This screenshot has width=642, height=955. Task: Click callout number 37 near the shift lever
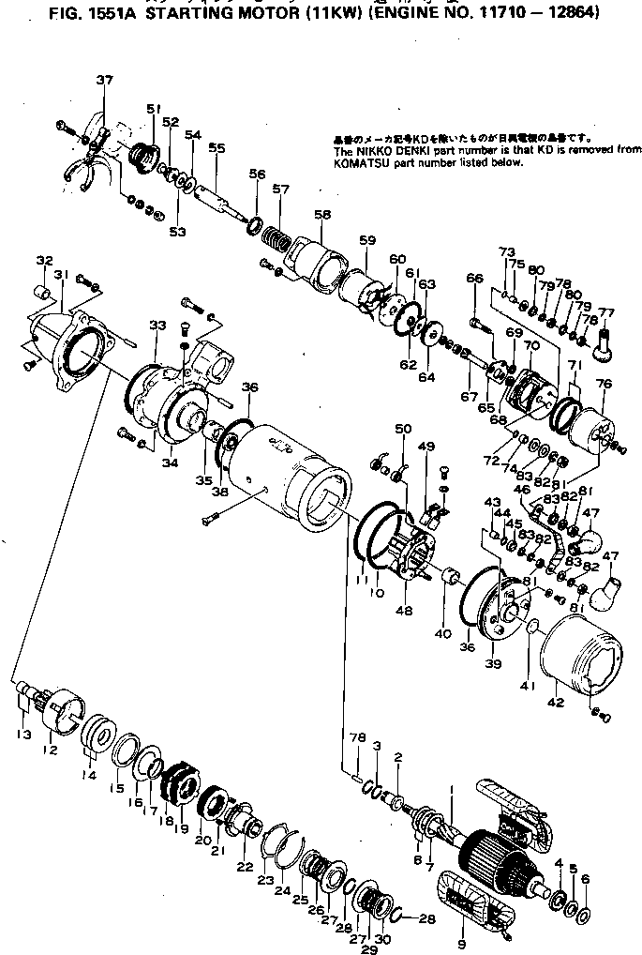[x=103, y=80]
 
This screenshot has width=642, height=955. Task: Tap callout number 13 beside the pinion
[x=22, y=734]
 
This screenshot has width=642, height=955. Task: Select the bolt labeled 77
[x=606, y=335]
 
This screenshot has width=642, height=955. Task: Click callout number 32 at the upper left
[x=45, y=260]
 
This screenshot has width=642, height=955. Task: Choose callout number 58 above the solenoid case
[x=323, y=215]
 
